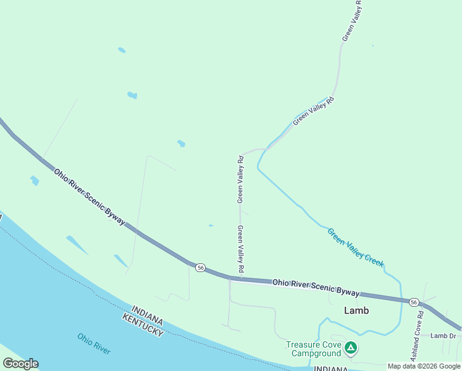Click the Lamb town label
tap(356, 310)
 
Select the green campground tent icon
tap(350, 348)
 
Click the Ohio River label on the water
tap(94, 343)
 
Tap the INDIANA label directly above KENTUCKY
tap(147, 313)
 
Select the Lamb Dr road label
tap(443, 336)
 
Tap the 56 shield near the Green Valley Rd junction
tap(200, 267)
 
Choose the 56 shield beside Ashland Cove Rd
tap(413, 302)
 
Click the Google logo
tap(20, 364)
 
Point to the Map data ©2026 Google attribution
tap(424, 366)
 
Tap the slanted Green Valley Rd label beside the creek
tap(313, 111)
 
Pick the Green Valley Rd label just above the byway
tap(241, 249)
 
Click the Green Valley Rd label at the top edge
tap(352, 21)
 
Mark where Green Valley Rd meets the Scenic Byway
tap(230, 279)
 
